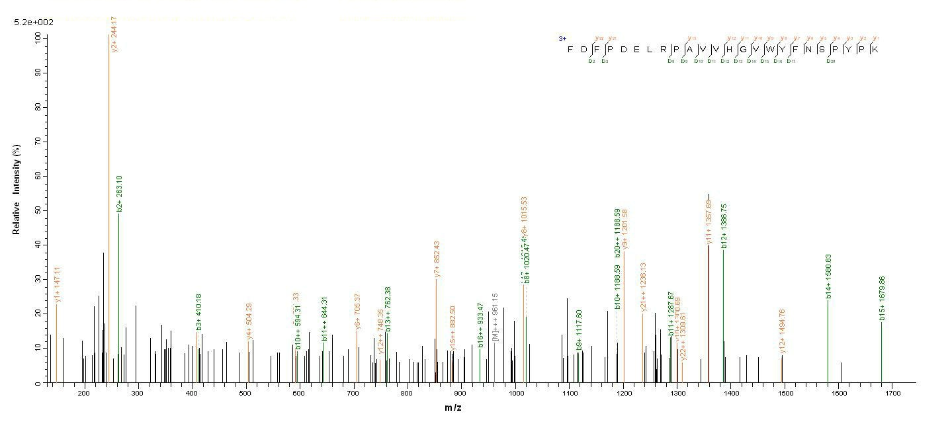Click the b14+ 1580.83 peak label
(x=828, y=276)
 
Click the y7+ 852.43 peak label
(x=437, y=259)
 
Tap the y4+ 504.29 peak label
(x=249, y=321)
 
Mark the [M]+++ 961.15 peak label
(x=495, y=317)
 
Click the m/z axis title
(x=453, y=407)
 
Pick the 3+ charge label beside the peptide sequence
(x=562, y=39)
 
